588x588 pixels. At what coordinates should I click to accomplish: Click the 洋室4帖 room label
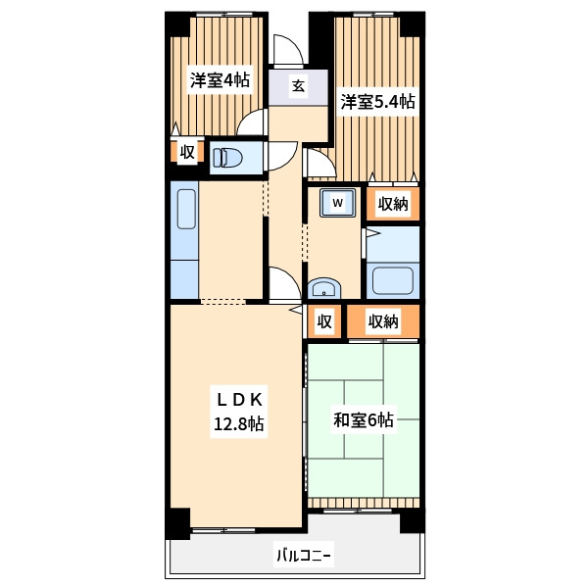pyautogui.click(x=220, y=80)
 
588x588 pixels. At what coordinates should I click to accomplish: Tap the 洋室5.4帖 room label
pyautogui.click(x=377, y=102)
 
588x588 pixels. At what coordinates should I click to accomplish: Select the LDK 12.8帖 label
pyautogui.click(x=239, y=412)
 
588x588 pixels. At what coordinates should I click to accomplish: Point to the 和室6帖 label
pyautogui.click(x=364, y=420)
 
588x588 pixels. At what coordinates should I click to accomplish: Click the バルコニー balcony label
pyautogui.click(x=304, y=555)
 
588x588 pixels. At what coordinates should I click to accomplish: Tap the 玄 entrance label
pyautogui.click(x=298, y=86)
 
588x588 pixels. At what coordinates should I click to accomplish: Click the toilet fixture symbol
pyautogui.click(x=227, y=158)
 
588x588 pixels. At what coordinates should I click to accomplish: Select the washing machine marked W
pyautogui.click(x=337, y=203)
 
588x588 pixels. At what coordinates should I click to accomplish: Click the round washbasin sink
pyautogui.click(x=324, y=288)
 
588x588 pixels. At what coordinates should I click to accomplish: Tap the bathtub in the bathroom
pyautogui.click(x=393, y=279)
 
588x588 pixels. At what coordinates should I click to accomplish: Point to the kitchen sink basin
pyautogui.click(x=186, y=210)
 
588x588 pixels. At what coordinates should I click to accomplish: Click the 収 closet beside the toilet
pyautogui.click(x=187, y=152)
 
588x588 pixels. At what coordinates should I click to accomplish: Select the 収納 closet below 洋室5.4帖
pyautogui.click(x=393, y=204)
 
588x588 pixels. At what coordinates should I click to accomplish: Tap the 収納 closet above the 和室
pyautogui.click(x=383, y=321)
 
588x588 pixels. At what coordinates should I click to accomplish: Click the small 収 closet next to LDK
pyautogui.click(x=324, y=321)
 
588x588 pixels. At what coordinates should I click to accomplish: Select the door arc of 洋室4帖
pyautogui.click(x=246, y=118)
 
